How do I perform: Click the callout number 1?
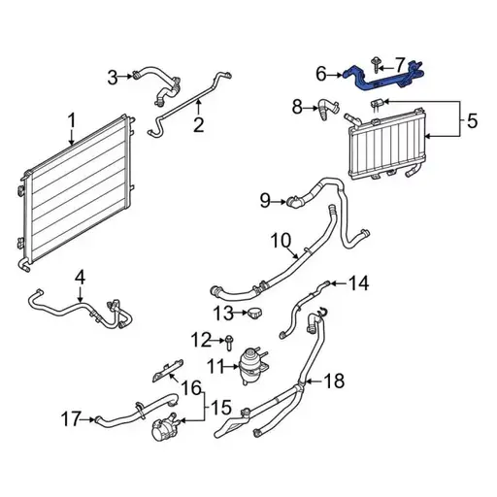click(71, 121)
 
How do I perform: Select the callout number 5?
click(473, 122)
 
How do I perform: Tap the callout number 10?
click(280, 240)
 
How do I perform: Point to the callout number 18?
click(333, 381)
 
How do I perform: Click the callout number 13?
click(223, 313)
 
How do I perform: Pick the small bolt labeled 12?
click(230, 341)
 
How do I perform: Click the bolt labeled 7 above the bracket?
click(375, 64)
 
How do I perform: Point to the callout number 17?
click(68, 419)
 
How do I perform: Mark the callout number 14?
click(359, 283)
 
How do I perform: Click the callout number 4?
click(80, 278)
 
